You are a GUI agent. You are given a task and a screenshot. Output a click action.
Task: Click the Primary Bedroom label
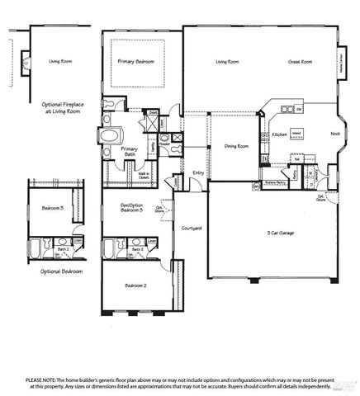[136, 62]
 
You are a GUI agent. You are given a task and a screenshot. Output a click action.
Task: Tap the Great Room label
[301, 62]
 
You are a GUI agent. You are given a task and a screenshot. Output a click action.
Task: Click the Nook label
[335, 133]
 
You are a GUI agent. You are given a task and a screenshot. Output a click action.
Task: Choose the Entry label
[198, 172]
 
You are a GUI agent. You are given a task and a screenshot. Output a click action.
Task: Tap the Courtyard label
[192, 228]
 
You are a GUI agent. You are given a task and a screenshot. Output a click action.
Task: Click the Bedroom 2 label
[136, 285]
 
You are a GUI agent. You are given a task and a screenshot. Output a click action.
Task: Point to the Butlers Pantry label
[275, 183]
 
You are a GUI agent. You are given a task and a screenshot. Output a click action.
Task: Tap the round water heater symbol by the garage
[256, 186]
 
